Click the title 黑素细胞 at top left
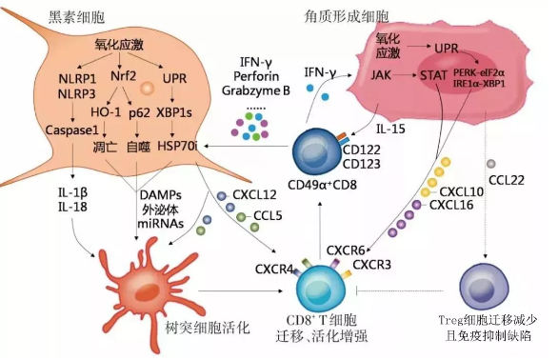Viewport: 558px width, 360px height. point(49,20)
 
